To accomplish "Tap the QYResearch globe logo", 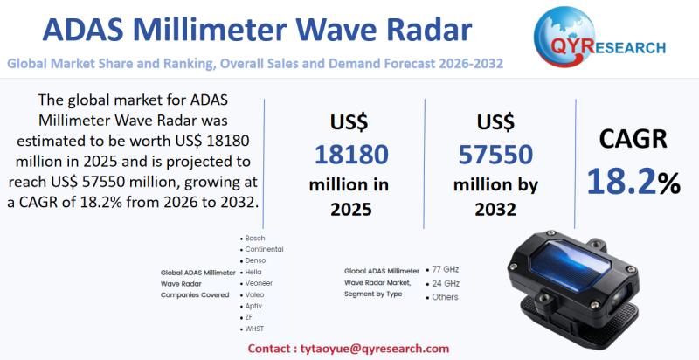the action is pyautogui.click(x=564, y=37).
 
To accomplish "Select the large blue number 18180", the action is pyautogui.click(x=351, y=155).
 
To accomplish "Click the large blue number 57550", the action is pyautogui.click(x=495, y=155).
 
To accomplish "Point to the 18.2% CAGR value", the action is pyautogui.click(x=633, y=183).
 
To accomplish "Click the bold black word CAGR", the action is pyautogui.click(x=633, y=139).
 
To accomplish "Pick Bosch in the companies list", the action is pyautogui.click(x=254, y=239).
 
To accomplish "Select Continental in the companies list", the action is pyautogui.click(x=264, y=249).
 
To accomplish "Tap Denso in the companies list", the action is pyautogui.click(x=255, y=260).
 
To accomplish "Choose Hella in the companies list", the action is pyautogui.click(x=253, y=272).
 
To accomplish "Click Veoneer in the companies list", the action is pyautogui.click(x=259, y=283).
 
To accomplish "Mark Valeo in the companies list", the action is pyautogui.click(x=254, y=294).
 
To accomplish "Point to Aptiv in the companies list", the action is pyautogui.click(x=253, y=306).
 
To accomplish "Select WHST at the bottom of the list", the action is pyautogui.click(x=254, y=329).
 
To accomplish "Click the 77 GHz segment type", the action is pyautogui.click(x=445, y=269).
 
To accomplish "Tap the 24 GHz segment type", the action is pyautogui.click(x=446, y=283).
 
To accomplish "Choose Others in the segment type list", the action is pyautogui.click(x=445, y=297).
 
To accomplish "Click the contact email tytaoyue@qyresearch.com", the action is pyautogui.click(x=374, y=349).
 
